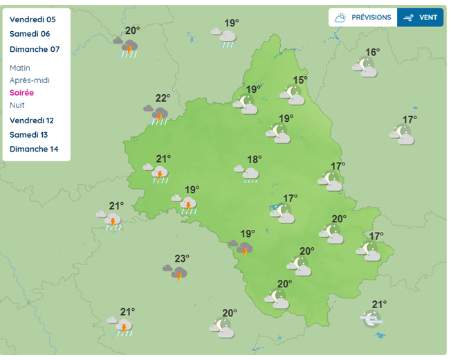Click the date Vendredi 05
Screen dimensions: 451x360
33,19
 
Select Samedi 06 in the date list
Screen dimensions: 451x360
30,34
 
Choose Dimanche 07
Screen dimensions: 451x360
35,49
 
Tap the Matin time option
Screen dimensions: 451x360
21,68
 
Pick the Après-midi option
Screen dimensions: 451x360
30,80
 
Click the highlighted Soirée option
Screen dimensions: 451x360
22,93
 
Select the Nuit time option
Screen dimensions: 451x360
17,105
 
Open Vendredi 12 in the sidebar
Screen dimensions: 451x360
32,120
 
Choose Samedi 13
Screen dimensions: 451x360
30,135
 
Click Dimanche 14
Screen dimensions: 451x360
34,150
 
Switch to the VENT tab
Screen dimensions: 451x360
421,17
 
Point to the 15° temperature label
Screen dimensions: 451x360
300,80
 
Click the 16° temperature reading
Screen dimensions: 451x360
373,53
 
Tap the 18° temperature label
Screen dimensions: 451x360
255,159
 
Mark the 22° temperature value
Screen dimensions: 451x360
163,98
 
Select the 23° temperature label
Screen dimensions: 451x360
182,258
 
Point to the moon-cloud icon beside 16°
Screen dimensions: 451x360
365,67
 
